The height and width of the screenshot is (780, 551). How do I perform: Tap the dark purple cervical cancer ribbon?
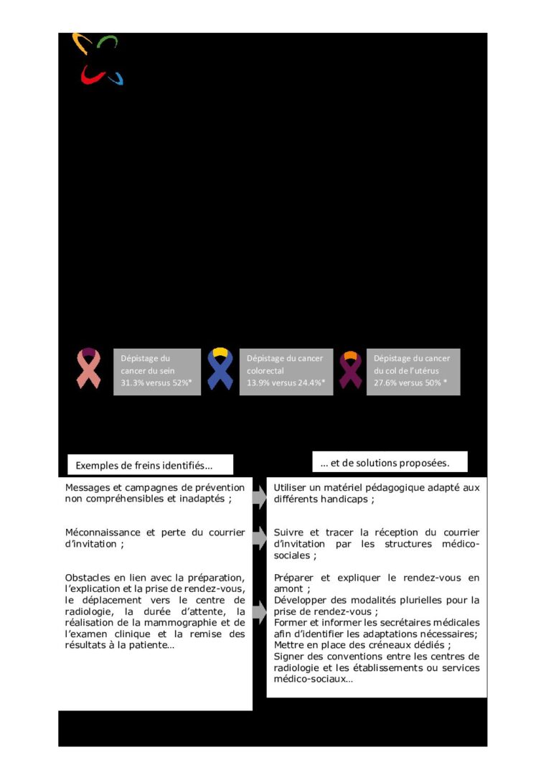click(x=350, y=370)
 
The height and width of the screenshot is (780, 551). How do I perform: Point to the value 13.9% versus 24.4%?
click(x=286, y=383)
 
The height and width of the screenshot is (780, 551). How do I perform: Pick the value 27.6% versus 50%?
click(x=410, y=383)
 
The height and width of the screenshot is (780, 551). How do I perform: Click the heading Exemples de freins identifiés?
click(x=144, y=466)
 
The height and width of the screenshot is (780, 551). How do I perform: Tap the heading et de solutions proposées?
click(x=385, y=462)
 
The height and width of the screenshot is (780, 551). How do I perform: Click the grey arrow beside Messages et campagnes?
click(x=259, y=496)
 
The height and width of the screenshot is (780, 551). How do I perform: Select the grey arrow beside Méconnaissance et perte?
click(x=259, y=540)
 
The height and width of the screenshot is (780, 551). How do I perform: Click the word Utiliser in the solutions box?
click(x=290, y=488)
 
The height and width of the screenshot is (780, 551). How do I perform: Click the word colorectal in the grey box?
click(x=265, y=371)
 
